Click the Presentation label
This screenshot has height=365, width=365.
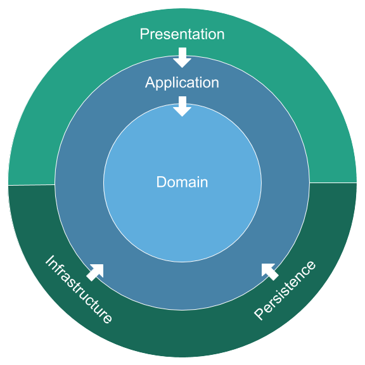182,34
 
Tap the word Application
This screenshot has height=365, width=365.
182,82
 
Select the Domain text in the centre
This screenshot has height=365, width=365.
182,182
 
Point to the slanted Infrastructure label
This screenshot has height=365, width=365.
79,290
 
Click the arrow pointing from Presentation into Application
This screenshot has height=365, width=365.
182,57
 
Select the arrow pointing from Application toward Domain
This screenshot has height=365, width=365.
182,106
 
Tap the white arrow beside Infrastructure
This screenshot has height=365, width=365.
95,272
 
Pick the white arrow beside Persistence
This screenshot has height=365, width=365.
269,271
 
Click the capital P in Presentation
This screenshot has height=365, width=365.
144,34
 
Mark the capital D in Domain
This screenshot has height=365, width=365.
161,182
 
